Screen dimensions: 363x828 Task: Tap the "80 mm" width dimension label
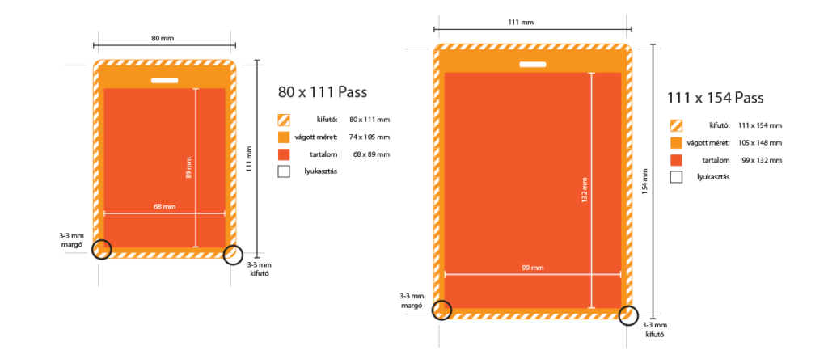(x=163, y=37)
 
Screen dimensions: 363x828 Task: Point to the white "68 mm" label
(x=164, y=207)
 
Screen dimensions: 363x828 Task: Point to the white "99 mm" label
(x=532, y=268)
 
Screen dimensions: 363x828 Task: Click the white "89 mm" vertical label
(x=188, y=171)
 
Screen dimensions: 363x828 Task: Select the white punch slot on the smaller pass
(x=164, y=79)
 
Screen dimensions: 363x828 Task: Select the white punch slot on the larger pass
(x=532, y=64)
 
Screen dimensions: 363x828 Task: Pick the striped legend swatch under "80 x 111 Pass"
(x=284, y=119)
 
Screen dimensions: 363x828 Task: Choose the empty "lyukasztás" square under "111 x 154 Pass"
(x=676, y=176)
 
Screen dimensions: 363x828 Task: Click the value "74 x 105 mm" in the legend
(x=370, y=137)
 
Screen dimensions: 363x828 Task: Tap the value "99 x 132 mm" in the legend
(x=761, y=160)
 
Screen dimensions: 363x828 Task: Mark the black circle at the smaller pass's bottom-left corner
(x=101, y=249)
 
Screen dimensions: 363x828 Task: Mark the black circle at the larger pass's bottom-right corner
(x=628, y=315)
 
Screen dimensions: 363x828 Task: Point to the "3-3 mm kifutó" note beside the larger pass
(x=655, y=329)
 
